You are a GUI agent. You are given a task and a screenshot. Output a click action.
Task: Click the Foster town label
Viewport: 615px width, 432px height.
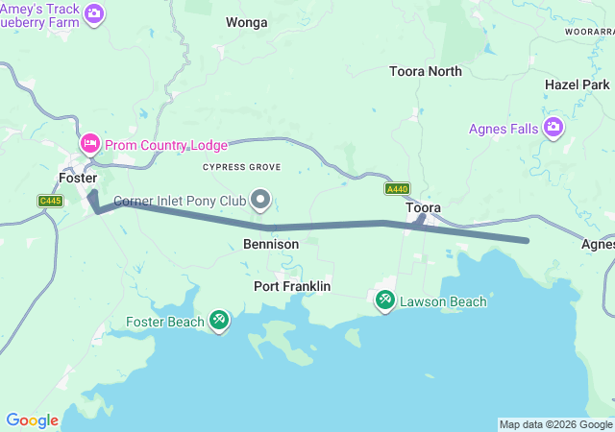(x=78, y=179)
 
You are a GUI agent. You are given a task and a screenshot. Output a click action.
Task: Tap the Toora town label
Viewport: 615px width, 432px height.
(x=423, y=207)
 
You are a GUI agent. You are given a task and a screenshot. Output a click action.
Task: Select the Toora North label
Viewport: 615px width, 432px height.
(x=425, y=71)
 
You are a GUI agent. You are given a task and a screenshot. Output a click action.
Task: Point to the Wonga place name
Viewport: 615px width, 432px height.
(x=247, y=21)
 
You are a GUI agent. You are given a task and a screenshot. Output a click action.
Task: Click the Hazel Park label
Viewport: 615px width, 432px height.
(x=577, y=84)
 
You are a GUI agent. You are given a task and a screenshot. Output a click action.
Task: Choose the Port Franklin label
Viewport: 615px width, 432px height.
(x=292, y=286)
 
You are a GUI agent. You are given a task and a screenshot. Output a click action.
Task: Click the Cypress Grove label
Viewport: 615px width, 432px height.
(x=241, y=167)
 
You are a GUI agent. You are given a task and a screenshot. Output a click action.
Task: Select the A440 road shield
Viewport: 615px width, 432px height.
(x=397, y=189)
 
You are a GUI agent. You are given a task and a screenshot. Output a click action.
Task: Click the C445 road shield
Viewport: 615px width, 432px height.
(x=50, y=201)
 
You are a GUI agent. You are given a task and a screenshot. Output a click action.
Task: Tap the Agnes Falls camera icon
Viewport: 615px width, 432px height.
(x=553, y=128)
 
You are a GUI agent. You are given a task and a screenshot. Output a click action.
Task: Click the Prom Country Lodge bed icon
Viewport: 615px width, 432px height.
(x=89, y=144)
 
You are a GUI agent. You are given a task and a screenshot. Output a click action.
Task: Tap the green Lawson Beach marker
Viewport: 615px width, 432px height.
(x=385, y=300)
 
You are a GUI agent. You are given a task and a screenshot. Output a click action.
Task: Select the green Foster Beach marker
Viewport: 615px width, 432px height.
(x=219, y=321)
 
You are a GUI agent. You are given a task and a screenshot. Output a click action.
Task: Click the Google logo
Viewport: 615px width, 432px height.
(x=32, y=420)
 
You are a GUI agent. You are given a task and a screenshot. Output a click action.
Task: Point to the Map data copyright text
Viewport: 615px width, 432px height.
(x=555, y=424)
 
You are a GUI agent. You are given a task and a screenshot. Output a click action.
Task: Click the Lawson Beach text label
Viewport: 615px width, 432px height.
(x=443, y=301)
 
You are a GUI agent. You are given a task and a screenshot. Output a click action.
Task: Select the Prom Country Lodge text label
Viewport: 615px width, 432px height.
(x=166, y=145)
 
